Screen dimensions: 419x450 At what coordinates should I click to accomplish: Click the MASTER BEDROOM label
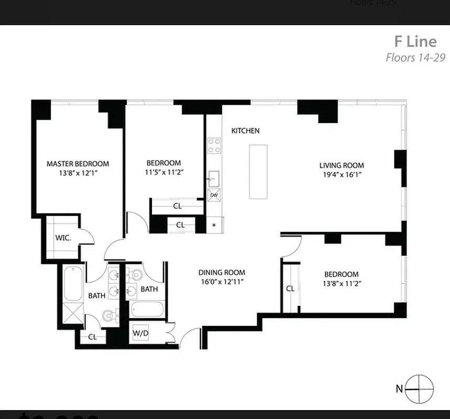click(78, 163)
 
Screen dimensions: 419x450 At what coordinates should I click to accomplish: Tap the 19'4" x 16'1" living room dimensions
click(342, 175)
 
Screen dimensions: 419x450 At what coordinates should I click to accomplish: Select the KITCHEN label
click(245, 130)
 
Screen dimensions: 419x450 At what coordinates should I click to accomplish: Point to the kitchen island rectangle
click(258, 171)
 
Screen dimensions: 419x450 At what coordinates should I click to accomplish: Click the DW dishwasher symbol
click(214, 195)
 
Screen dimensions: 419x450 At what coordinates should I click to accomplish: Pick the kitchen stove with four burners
click(214, 145)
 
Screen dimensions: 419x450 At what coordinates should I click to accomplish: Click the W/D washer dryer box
click(139, 333)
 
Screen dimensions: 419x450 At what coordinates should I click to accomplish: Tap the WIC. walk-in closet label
click(63, 238)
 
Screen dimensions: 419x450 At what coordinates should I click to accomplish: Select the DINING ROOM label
click(222, 272)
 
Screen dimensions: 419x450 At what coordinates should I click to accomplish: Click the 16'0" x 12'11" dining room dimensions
click(222, 282)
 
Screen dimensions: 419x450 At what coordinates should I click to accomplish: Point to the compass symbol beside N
click(420, 389)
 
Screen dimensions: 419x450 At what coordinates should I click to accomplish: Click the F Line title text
click(415, 41)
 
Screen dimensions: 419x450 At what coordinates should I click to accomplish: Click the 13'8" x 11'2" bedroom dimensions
click(341, 283)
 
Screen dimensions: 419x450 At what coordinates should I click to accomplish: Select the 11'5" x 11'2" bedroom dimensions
click(163, 172)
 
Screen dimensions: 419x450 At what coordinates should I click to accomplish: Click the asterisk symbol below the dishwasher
click(214, 226)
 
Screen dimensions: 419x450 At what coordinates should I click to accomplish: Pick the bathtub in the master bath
click(73, 283)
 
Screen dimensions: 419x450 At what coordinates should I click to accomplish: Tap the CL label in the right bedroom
click(290, 289)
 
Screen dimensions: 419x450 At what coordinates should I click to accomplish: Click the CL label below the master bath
click(92, 337)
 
